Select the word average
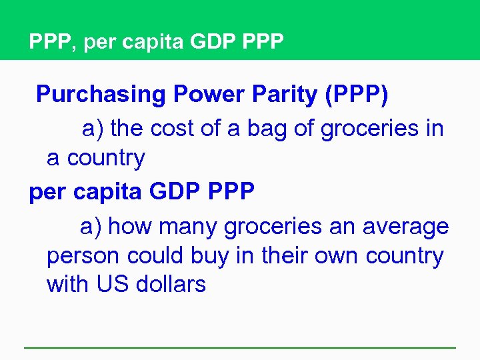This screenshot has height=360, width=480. [405, 227]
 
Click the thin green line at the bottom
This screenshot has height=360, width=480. [240, 347]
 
